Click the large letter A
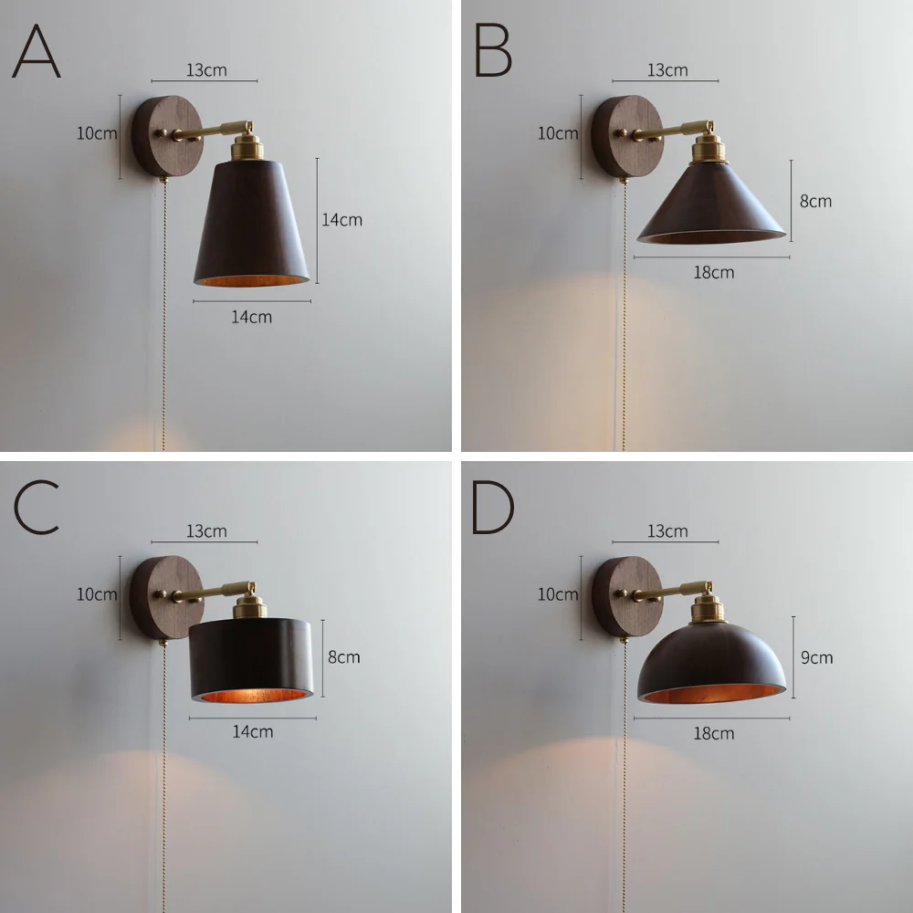(37, 51)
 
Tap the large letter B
(493, 50)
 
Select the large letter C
(37, 507)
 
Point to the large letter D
(493, 507)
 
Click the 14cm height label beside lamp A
(341, 220)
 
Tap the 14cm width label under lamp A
(252, 318)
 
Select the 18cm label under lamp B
(713, 272)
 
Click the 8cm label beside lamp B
(815, 202)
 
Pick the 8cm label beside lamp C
(343, 657)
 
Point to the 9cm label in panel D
(816, 658)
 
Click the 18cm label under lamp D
(713, 734)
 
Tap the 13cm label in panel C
(206, 531)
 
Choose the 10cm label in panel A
(97, 133)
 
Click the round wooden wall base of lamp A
(166, 136)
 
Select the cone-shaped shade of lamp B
(711, 204)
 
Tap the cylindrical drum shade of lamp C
(251, 660)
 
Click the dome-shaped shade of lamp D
(711, 663)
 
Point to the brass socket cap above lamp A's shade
(247, 145)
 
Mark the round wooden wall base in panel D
(626, 597)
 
